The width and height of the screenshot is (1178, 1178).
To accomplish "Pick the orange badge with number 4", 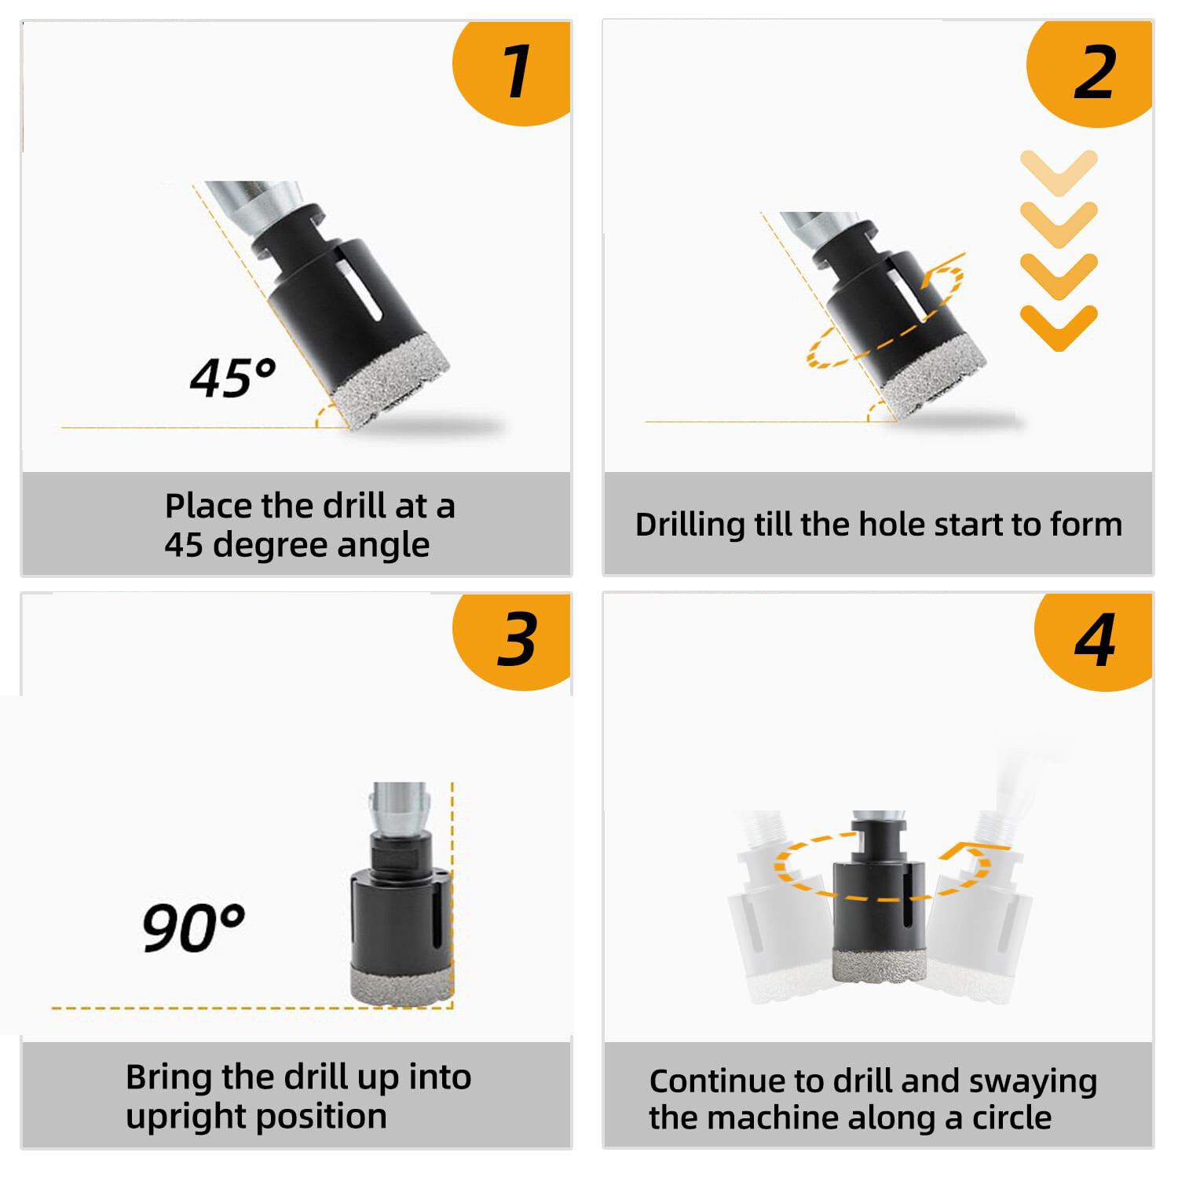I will point(1095,640).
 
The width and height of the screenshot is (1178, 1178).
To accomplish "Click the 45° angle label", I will point(232,378).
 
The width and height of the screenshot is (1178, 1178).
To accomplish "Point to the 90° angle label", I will point(192,927).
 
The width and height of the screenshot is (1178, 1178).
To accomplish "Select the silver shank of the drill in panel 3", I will point(400,809).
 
